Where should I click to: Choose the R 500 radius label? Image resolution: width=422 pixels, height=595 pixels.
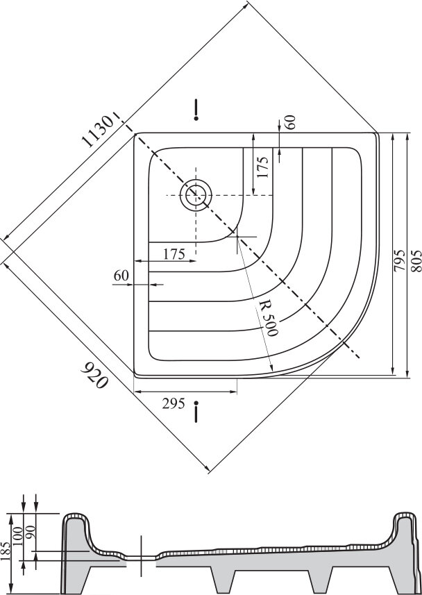pyautogui.click(x=266, y=319)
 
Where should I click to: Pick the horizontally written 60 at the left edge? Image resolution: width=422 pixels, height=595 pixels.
pyautogui.click(x=121, y=275)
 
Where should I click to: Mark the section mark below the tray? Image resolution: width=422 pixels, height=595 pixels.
pyautogui.click(x=199, y=411)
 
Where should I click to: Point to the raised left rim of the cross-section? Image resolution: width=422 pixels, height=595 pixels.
pyautogui.click(x=75, y=519)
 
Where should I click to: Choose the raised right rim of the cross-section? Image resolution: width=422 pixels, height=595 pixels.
pyautogui.click(x=403, y=519)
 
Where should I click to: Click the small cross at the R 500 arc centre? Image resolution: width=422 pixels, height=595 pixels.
pyautogui.click(x=237, y=236)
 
